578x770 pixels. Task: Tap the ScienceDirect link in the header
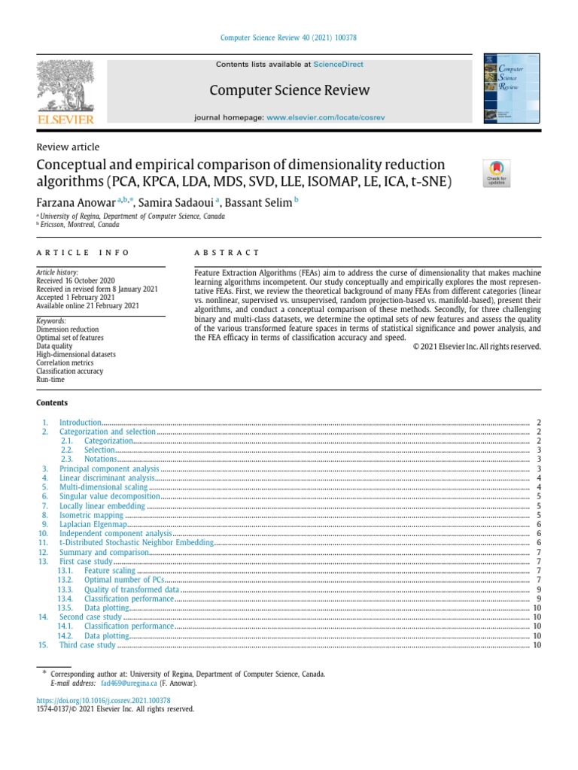click(x=338, y=65)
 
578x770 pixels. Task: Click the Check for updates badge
click(x=497, y=172)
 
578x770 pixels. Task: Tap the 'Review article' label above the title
click(x=68, y=147)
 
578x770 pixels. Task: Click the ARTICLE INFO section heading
click(x=84, y=253)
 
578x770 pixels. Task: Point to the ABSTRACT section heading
click(x=227, y=253)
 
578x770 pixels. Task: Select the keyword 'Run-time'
click(x=50, y=380)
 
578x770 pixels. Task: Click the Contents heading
click(x=52, y=403)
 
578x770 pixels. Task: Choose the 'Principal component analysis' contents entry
click(x=109, y=468)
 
